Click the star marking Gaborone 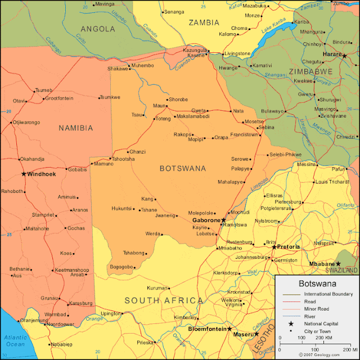pyautogui.click(x=223, y=220)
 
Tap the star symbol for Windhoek pyautogui.click(x=24, y=174)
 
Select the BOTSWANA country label pyautogui.click(x=183, y=168)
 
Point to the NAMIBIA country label pyautogui.click(x=76, y=128)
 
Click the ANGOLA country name pyautogui.click(x=98, y=29)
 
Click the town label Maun pyautogui.click(x=160, y=106)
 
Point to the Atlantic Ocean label pyautogui.click(x=16, y=341)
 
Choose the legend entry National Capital pyautogui.click(x=323, y=323)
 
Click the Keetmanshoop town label pyautogui.click(x=71, y=270)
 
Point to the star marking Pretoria pyautogui.click(x=274, y=247)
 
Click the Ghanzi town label pyautogui.click(x=137, y=152)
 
